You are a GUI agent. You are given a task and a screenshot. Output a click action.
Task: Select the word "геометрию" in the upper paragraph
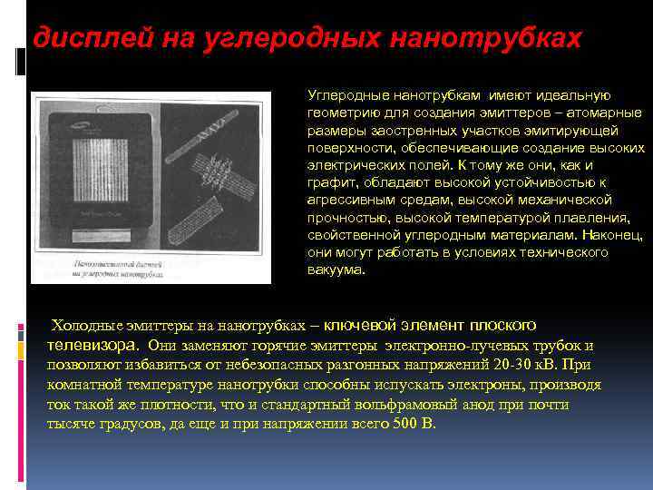[x=341, y=113]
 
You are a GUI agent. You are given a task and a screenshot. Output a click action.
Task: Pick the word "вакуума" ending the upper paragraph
[x=335, y=269]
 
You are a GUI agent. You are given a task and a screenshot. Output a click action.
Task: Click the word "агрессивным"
[x=346, y=200]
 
